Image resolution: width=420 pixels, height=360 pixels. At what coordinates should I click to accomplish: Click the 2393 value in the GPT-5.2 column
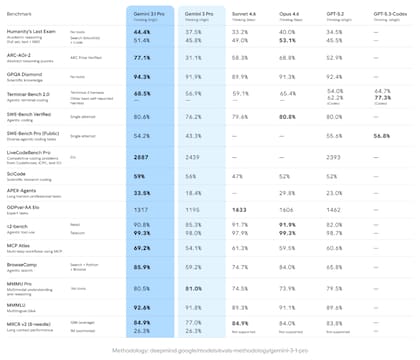[336, 157]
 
